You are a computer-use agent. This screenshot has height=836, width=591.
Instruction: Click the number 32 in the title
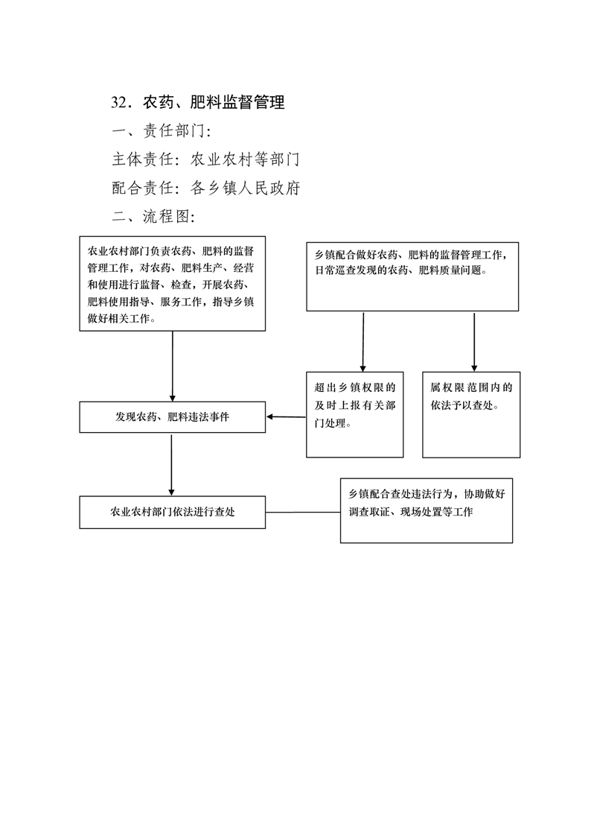pos(120,102)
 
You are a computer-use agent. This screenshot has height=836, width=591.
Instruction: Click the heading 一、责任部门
pos(162,130)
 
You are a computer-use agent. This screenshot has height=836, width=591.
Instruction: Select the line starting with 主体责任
pos(205,159)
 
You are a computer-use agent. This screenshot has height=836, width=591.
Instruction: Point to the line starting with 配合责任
pos(206,188)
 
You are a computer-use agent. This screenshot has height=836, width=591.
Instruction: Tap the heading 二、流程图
pos(153,216)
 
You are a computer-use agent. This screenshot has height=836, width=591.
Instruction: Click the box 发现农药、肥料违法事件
pos(173,417)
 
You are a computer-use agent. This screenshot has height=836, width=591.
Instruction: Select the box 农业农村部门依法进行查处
pos(173,513)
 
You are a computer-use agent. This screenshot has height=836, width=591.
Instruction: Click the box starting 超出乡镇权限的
pos(354,414)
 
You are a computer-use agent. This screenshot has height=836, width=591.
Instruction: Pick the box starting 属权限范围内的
pos(471,414)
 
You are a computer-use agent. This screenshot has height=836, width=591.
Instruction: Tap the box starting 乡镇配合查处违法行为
pos(427,510)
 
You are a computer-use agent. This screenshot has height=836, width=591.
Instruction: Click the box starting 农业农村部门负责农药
pos(173,284)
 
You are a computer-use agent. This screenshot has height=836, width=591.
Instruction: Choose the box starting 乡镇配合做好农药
pos(412,276)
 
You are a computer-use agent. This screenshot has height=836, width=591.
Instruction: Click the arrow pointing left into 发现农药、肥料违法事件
pos(286,417)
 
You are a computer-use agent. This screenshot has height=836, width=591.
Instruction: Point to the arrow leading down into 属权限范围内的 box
pos(474,342)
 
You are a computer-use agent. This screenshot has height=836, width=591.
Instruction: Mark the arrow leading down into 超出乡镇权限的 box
pos(363,342)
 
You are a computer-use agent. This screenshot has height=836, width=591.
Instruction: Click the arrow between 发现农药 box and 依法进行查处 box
pos(171,465)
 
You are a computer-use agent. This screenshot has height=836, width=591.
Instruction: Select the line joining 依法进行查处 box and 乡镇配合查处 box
pos(303,513)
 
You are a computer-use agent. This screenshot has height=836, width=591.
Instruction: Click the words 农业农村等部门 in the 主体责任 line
pos(245,159)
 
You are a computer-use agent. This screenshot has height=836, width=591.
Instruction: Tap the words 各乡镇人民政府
pos(246,188)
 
